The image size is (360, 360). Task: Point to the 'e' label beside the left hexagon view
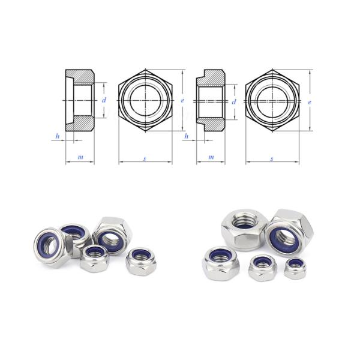pos(182,101)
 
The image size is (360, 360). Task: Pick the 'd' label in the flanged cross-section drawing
pos(234,101)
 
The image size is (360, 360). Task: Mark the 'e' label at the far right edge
pos(309,102)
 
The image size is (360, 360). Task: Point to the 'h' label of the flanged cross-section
pos(187,137)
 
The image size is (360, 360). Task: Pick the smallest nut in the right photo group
pos(294,268)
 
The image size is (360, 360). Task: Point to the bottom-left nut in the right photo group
pos(221,263)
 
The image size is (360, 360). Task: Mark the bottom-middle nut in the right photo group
pos(262,267)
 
